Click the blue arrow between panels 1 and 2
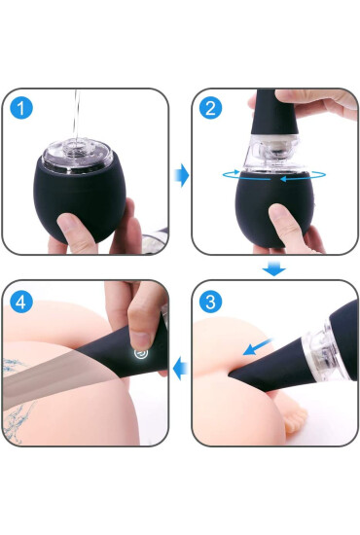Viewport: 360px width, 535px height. pos(180,176)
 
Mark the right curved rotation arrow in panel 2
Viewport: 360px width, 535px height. pos(303,177)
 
